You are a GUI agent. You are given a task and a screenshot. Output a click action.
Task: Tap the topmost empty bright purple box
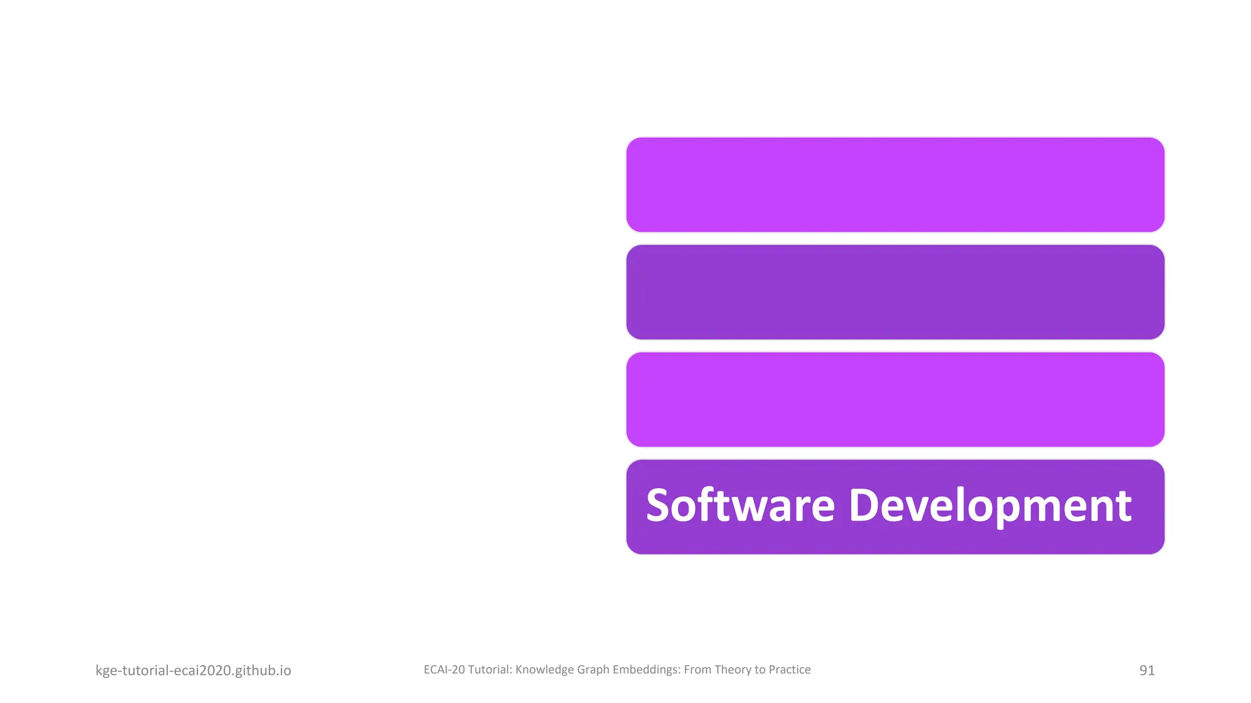(x=895, y=184)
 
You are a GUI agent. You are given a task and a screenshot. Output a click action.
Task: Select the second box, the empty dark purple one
(x=895, y=292)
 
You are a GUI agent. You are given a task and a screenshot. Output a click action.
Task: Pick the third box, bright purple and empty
(x=895, y=399)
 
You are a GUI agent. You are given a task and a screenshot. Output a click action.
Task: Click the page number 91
(x=1147, y=670)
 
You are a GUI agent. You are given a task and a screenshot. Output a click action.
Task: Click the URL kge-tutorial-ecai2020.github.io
(x=193, y=670)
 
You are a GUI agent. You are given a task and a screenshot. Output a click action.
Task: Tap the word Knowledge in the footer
(x=544, y=669)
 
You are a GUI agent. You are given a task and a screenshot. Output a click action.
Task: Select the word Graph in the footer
(x=593, y=669)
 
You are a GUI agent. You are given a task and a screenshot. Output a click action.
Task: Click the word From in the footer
(x=697, y=669)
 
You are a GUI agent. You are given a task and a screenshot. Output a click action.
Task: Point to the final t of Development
(x=1124, y=507)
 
